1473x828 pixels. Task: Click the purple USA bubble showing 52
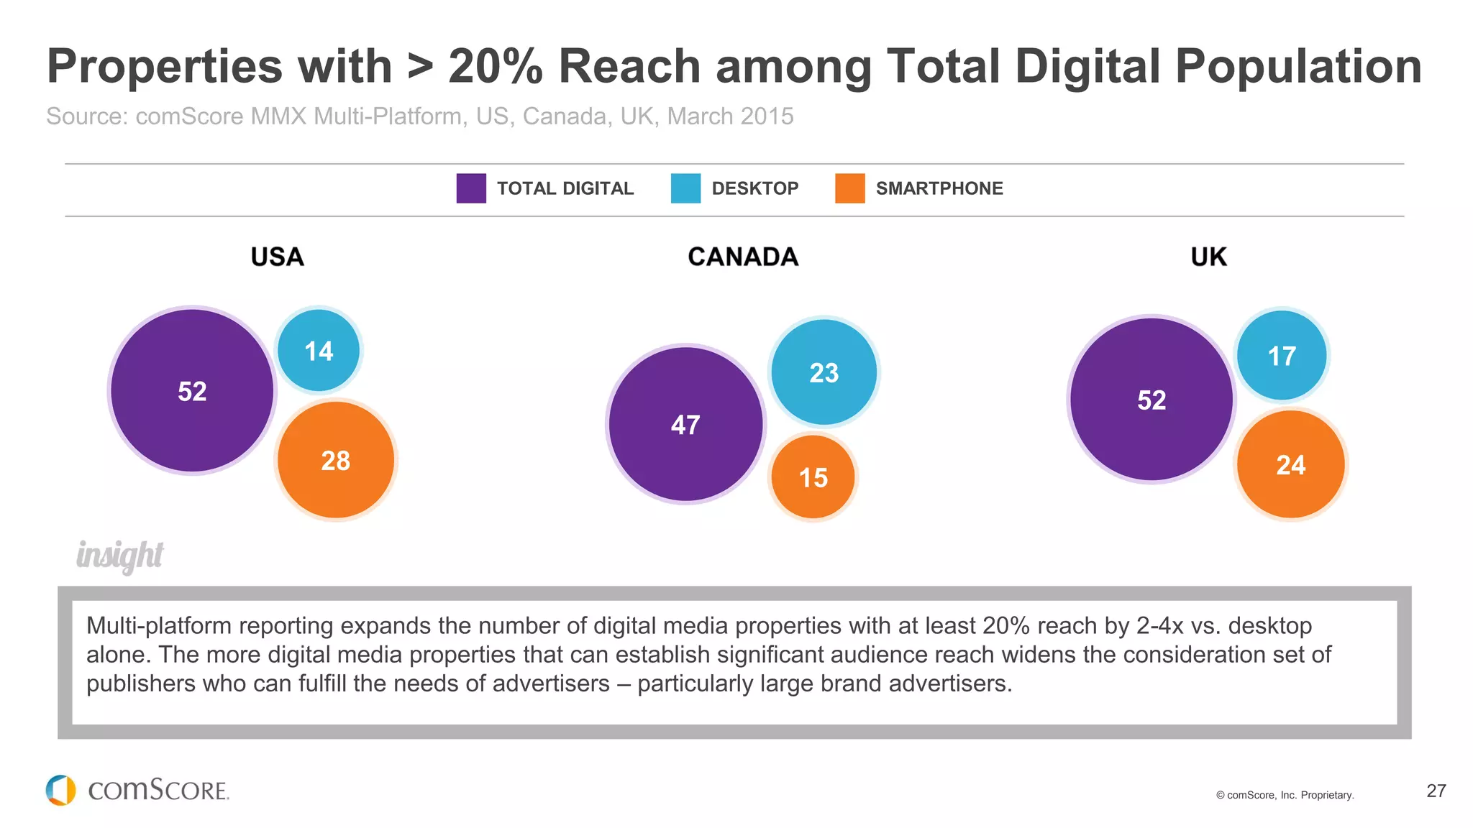pyautogui.click(x=192, y=390)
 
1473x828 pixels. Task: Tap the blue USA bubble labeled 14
pyautogui.click(x=319, y=351)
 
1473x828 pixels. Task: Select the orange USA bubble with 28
pyautogui.click(x=336, y=460)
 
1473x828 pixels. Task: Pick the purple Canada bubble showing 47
pyautogui.click(x=685, y=424)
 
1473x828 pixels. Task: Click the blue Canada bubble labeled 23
pyautogui.click(x=824, y=372)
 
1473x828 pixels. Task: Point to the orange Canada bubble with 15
pyautogui.click(x=813, y=477)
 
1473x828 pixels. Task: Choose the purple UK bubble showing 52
pyautogui.click(x=1151, y=400)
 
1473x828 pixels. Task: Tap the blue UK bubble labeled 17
pyautogui.click(x=1282, y=355)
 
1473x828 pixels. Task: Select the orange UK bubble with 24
pyautogui.click(x=1290, y=465)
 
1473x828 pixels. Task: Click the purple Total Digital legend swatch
pyautogui.click(x=471, y=188)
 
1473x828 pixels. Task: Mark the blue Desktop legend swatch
pyautogui.click(x=685, y=188)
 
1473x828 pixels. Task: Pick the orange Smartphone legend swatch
pyautogui.click(x=849, y=188)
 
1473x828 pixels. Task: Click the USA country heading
pyautogui.click(x=277, y=257)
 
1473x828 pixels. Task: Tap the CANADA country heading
pyautogui.click(x=743, y=257)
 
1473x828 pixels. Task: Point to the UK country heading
pyautogui.click(x=1208, y=257)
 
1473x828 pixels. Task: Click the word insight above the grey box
pyautogui.click(x=120, y=556)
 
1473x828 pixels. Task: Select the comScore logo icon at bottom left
pyautogui.click(x=61, y=790)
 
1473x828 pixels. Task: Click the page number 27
pyautogui.click(x=1436, y=791)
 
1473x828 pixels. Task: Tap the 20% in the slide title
pyautogui.click(x=495, y=67)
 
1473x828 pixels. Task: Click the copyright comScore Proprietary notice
pyautogui.click(x=1285, y=795)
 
